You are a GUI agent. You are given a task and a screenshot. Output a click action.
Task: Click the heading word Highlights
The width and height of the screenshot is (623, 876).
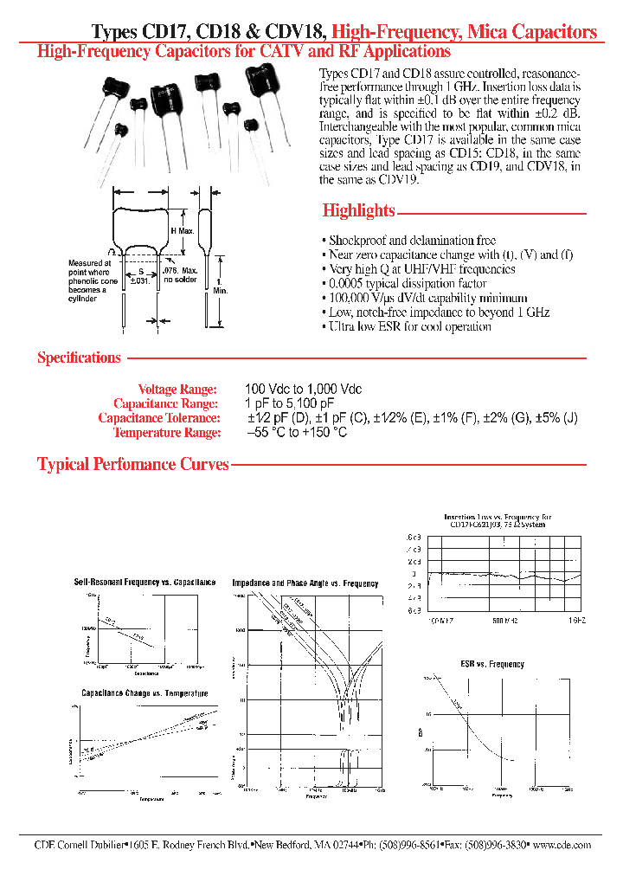pyautogui.click(x=358, y=210)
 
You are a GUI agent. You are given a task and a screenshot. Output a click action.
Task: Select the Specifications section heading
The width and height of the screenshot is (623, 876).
pyautogui.click(x=79, y=357)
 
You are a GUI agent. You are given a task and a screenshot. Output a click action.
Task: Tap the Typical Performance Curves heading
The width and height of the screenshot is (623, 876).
pyautogui.click(x=132, y=464)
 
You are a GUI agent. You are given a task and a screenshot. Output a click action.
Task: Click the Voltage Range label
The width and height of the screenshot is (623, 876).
pyautogui.click(x=179, y=390)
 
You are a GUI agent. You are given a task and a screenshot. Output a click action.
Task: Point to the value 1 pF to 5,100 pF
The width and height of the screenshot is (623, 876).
pyautogui.click(x=290, y=404)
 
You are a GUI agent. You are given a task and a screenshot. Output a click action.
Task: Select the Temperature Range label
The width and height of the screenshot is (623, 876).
pyautogui.click(x=167, y=433)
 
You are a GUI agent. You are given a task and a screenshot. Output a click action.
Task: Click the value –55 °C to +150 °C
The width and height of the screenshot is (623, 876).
pyautogui.click(x=297, y=433)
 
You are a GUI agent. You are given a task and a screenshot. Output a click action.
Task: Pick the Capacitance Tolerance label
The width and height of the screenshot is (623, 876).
pyautogui.click(x=159, y=418)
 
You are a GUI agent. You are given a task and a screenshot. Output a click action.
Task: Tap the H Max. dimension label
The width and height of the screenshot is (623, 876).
pyautogui.click(x=182, y=231)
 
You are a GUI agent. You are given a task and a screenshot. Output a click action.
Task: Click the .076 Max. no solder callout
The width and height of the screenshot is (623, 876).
pyautogui.click(x=181, y=275)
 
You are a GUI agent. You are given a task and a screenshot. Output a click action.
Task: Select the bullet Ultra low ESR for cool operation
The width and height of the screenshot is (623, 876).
pyautogui.click(x=410, y=326)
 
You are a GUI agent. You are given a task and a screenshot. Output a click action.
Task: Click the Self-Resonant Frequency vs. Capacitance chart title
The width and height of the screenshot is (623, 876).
pyautogui.click(x=145, y=583)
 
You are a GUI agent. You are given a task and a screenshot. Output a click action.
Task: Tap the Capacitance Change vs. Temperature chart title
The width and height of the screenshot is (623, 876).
pyautogui.click(x=145, y=693)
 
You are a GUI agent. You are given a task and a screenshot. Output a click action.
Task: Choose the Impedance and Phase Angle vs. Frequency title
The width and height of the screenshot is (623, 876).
pyautogui.click(x=305, y=583)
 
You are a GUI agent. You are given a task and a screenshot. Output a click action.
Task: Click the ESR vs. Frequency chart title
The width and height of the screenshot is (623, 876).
pyautogui.click(x=492, y=664)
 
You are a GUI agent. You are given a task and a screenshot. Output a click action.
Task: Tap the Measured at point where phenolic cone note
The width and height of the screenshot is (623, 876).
pyautogui.click(x=90, y=280)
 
